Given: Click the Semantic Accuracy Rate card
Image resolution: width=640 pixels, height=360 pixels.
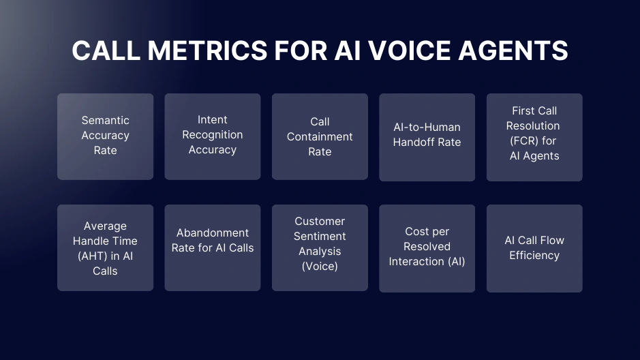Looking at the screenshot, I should (105, 136).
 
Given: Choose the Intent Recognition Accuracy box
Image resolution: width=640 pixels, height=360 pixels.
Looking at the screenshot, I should (213, 136).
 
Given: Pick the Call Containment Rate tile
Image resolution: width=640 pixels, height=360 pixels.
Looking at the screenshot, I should (320, 136).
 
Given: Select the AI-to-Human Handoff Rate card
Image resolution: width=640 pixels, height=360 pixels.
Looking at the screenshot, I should (427, 137).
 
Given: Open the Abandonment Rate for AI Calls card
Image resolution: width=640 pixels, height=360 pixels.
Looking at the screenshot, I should (213, 247).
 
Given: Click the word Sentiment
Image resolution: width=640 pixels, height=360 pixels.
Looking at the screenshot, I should (320, 236).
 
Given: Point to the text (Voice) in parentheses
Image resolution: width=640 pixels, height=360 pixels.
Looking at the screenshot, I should (320, 266).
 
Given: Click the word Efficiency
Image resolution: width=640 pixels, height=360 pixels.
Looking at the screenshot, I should (534, 255).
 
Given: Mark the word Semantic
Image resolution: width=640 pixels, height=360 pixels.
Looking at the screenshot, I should (105, 120).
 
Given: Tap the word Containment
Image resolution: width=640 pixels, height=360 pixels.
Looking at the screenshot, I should (320, 136).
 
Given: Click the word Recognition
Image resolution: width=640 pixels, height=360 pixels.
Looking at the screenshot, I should (213, 134).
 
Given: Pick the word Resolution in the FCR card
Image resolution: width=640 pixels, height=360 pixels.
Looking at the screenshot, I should (533, 125).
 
